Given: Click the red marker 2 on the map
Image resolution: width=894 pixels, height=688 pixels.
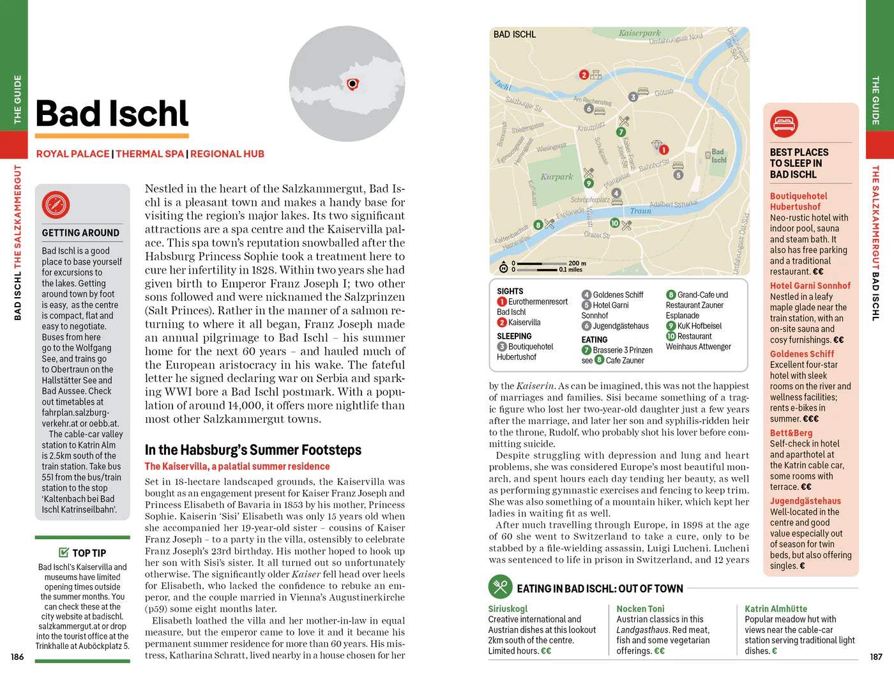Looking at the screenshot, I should (584, 75).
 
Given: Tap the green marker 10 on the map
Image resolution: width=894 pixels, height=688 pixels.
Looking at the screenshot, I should (614, 223).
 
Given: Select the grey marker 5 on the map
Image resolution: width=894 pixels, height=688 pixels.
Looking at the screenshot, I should (678, 174).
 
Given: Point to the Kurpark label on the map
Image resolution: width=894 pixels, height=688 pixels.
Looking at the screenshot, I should (557, 177).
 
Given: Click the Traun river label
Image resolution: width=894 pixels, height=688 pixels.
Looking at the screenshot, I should (640, 211).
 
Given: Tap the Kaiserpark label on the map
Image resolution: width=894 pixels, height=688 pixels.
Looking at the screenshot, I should (640, 33).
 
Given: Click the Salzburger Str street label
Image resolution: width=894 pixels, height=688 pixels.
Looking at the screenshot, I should (524, 104).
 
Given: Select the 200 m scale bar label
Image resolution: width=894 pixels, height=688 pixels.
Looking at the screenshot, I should (577, 263).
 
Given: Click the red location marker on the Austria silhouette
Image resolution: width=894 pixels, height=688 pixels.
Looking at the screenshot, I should (352, 84).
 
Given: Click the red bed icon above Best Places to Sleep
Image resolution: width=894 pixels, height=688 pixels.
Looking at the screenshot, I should (784, 123).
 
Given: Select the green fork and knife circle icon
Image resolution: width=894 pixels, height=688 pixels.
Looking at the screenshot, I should (500, 586).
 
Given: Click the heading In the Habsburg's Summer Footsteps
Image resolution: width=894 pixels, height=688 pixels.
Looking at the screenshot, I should (253, 450).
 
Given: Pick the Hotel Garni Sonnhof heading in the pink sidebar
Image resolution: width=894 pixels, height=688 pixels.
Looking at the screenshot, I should (810, 286).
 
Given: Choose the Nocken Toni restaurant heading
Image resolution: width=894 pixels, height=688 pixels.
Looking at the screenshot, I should (640, 609).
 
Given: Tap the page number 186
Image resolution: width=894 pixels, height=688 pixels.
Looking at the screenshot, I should (17, 657).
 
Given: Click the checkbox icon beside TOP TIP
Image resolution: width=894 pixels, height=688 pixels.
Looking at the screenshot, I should (63, 553).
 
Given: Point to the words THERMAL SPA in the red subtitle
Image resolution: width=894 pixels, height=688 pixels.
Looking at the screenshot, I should (149, 154).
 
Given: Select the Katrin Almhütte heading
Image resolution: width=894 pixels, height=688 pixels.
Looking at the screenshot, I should (775, 609).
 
